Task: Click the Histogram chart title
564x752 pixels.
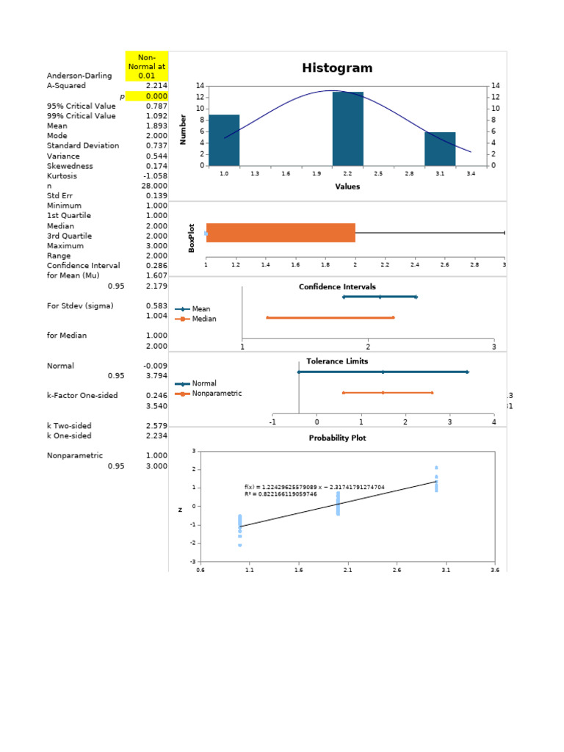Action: (x=337, y=68)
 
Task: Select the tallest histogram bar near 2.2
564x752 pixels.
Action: (x=348, y=129)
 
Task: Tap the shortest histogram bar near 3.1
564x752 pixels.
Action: (x=440, y=148)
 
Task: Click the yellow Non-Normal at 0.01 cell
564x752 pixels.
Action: (x=147, y=65)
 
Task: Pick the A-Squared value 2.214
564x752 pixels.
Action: (x=157, y=86)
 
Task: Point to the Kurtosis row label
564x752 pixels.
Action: (x=62, y=176)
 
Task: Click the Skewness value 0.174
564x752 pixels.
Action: (x=157, y=166)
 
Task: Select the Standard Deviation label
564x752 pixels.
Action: (x=82, y=146)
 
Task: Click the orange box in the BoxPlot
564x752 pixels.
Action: (x=281, y=233)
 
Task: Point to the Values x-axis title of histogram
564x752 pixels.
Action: (x=347, y=187)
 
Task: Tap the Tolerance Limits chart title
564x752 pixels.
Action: (x=337, y=361)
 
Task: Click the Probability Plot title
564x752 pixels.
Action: (x=337, y=438)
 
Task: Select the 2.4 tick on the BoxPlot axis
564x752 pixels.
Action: (x=415, y=264)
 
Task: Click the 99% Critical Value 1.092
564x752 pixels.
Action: (x=157, y=116)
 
